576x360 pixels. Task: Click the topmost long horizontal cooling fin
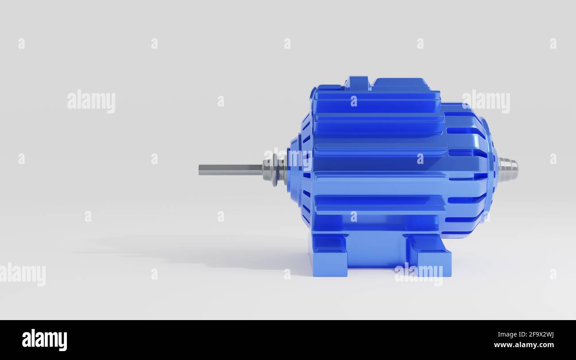click(377, 102)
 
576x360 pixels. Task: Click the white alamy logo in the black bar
click(45, 340)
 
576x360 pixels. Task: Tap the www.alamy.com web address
click(524, 345)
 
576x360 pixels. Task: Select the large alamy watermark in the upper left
click(91, 102)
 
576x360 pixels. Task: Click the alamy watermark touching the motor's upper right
click(486, 102)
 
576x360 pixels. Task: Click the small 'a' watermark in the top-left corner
click(21, 43)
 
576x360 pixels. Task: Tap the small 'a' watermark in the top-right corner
click(553, 43)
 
